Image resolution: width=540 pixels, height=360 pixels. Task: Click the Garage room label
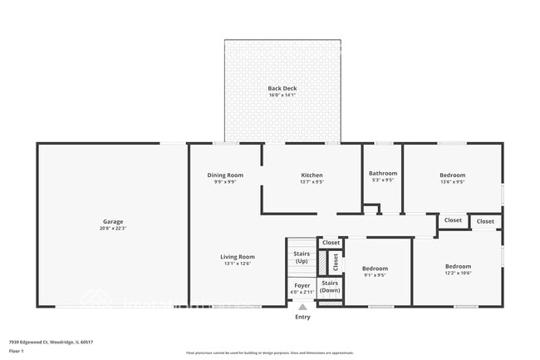[113, 221]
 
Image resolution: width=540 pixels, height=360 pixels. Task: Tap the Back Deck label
[282, 88]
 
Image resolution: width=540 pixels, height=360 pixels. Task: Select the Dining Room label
[225, 175]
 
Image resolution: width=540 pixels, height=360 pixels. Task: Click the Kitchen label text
[312, 175]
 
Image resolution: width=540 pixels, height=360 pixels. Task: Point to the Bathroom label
[383, 173]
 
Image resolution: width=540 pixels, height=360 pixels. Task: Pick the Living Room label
[237, 257]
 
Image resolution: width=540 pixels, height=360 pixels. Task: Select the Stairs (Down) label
[330, 286]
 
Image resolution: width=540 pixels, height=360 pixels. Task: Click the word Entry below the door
[302, 317]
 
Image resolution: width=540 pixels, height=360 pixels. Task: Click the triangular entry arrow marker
[302, 306]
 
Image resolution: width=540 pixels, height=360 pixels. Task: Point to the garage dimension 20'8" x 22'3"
[113, 228]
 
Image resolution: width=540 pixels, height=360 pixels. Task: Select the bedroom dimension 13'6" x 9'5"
[452, 181]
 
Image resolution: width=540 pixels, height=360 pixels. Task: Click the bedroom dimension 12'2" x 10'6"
[457, 272]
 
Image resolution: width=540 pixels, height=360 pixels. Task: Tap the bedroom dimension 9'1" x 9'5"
[375, 274]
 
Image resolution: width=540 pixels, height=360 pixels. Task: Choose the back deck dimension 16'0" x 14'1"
[282, 95]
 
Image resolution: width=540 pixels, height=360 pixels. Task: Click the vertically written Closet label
[336, 263]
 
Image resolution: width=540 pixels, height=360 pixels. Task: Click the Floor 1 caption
[17, 352]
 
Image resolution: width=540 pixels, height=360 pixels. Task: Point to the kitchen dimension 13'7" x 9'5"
[312, 181]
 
